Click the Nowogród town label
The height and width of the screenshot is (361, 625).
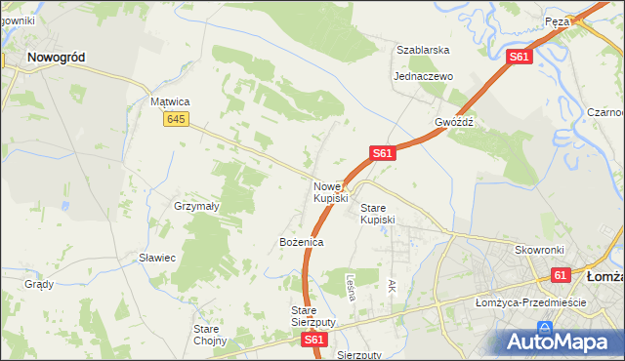(56, 58)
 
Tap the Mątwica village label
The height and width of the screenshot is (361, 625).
(170, 101)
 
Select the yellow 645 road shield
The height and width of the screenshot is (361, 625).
(175, 119)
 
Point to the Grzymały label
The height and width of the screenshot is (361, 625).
(196, 207)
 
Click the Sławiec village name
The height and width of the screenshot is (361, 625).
(156, 258)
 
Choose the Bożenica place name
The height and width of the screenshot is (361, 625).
(301, 241)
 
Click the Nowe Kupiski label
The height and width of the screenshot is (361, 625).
(330, 192)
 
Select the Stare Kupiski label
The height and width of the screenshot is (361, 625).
(378, 215)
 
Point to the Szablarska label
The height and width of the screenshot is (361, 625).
(422, 50)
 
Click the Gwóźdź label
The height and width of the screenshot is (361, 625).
(454, 123)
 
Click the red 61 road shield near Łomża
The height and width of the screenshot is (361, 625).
(561, 276)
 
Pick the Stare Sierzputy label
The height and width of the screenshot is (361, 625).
(313, 316)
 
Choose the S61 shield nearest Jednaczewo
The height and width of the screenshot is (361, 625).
(519, 59)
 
